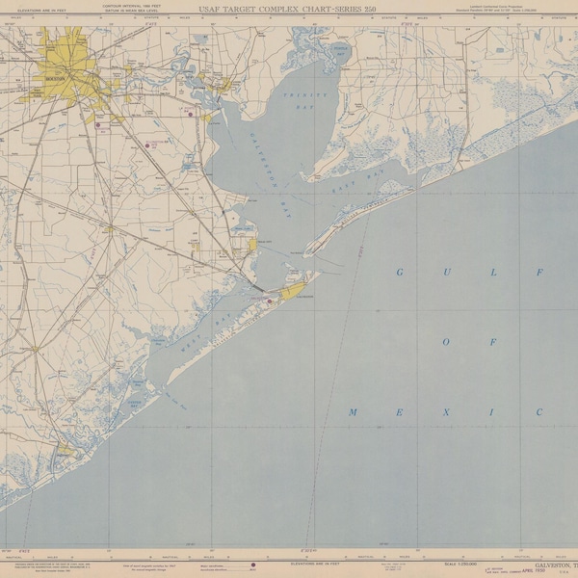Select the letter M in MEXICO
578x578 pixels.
tap(353, 412)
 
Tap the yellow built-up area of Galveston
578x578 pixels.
tap(293, 287)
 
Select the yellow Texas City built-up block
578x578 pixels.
tap(252, 244)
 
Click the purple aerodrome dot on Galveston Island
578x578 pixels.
tap(270, 301)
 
